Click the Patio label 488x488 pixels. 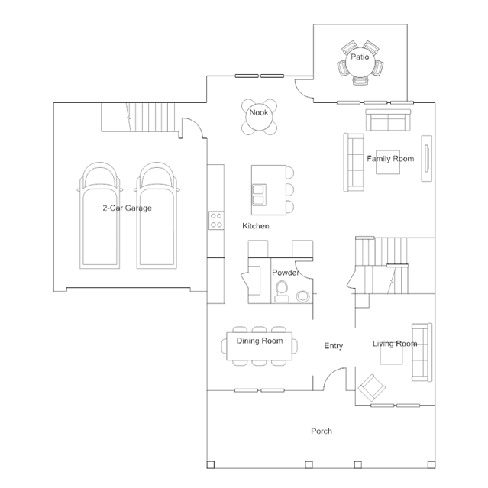coord(360,57)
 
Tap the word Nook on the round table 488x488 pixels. coord(259,113)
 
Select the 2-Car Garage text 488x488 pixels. coord(128,208)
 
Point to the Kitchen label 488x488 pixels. coord(256,226)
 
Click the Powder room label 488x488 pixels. coord(286,273)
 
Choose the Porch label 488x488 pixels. coord(322,431)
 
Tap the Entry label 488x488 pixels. coord(333,346)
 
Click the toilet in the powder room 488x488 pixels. coord(282,291)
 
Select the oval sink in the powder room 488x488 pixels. coord(302,296)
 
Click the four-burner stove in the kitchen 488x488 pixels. coord(216,221)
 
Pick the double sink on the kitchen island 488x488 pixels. coord(259,195)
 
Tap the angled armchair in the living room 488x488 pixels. coord(372,388)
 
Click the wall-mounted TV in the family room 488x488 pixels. coord(427,158)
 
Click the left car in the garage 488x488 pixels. coord(99,215)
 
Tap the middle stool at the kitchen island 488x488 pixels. coord(289,189)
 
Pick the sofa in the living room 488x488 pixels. coord(422,352)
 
